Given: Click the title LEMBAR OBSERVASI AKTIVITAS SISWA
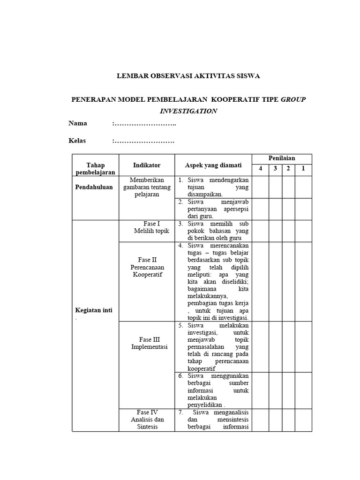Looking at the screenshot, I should click(x=188, y=75).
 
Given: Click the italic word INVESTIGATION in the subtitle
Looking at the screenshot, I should click(x=188, y=111).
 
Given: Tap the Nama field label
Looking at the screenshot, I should click(x=78, y=124).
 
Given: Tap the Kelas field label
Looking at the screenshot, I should click(x=77, y=141).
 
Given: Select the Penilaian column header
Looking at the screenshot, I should click(x=281, y=158).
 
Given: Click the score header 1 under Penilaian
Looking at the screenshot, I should click(x=303, y=168).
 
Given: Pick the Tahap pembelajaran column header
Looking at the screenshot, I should click(x=95, y=169).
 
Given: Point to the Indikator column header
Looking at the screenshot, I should click(x=147, y=165).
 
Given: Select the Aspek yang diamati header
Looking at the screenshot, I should click(x=213, y=165).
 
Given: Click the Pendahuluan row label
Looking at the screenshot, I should click(x=94, y=187).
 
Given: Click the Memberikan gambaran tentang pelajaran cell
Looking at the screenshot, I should click(x=147, y=187).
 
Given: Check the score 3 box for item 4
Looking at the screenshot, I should click(x=275, y=281).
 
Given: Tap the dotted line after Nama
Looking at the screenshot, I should click(x=144, y=124).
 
